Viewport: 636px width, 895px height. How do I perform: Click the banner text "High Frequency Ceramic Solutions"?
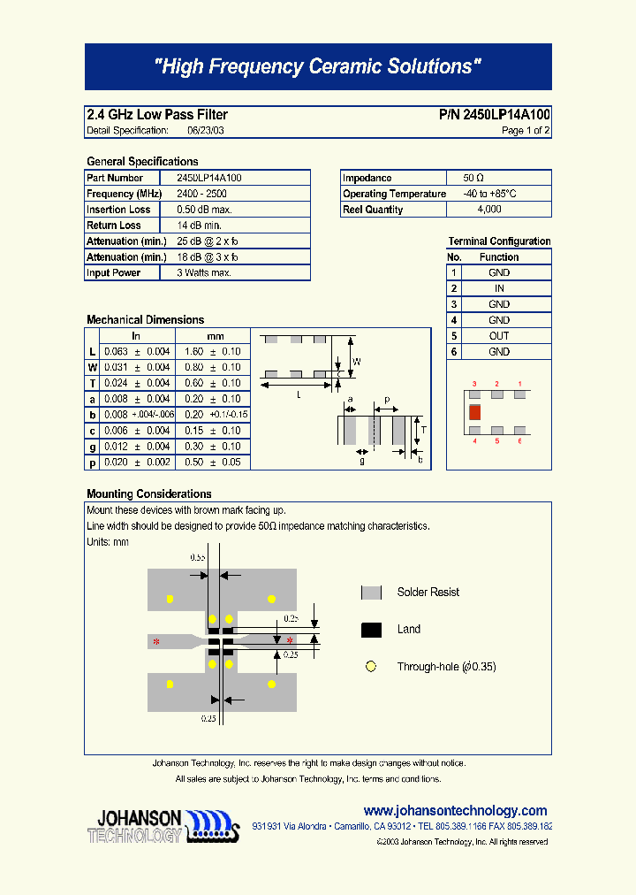pyautogui.click(x=318, y=66)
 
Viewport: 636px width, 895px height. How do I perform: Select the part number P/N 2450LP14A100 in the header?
pyautogui.click(x=494, y=115)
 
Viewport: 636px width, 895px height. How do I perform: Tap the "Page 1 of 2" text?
pyautogui.click(x=526, y=131)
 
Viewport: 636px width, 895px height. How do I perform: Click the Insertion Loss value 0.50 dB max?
pyautogui.click(x=204, y=210)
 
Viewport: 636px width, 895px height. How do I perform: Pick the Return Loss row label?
pyautogui.click(x=113, y=226)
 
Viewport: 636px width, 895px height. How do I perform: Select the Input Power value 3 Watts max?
pyautogui.click(x=204, y=273)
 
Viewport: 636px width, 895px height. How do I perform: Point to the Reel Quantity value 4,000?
pyautogui.click(x=488, y=210)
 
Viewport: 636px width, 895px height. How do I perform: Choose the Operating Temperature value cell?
pyautogui.click(x=489, y=194)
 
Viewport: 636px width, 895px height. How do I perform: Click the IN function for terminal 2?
pyautogui.click(x=499, y=288)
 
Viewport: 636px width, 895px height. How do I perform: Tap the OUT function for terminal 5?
pyautogui.click(x=499, y=336)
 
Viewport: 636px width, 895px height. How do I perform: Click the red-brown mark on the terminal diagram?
pyautogui.click(x=474, y=412)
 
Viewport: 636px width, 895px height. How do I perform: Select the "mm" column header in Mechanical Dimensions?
pyautogui.click(x=215, y=336)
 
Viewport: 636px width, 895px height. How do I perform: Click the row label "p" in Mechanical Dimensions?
pyautogui.click(x=92, y=463)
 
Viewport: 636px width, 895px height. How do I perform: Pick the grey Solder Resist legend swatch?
pyautogui.click(x=371, y=593)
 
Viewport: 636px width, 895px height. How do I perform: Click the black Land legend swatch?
pyautogui.click(x=371, y=630)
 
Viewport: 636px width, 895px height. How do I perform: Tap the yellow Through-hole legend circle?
pyautogui.click(x=371, y=667)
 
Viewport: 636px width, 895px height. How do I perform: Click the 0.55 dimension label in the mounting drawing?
pyautogui.click(x=198, y=558)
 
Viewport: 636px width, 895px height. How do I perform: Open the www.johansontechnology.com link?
pyautogui.click(x=455, y=811)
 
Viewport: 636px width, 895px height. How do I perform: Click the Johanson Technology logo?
pyautogui.click(x=164, y=826)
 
